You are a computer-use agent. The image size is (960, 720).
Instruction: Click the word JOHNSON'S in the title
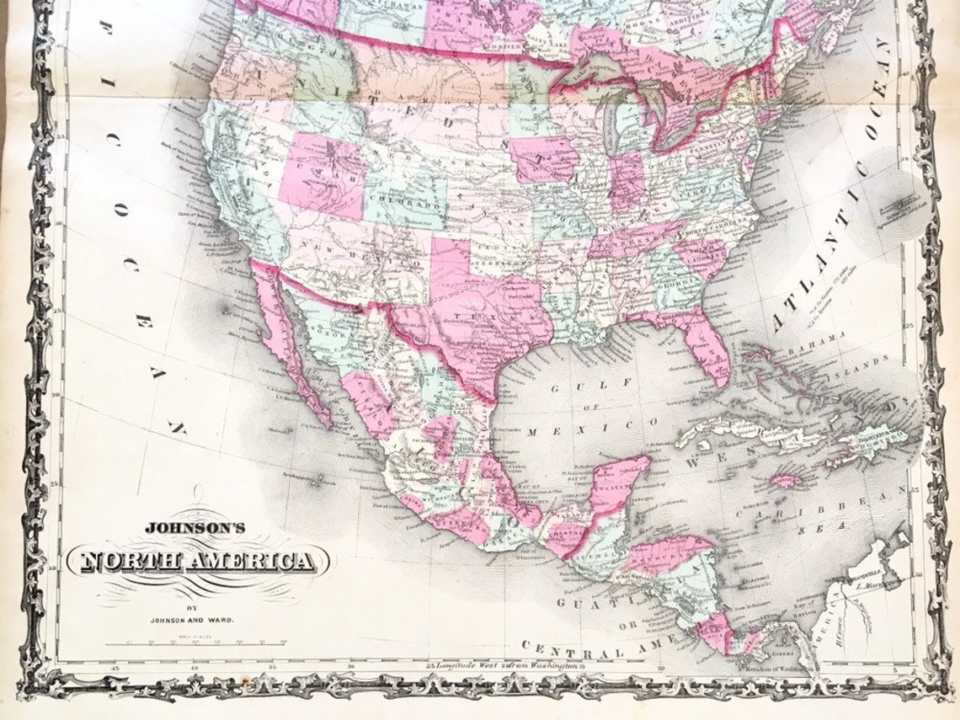click(195, 528)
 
